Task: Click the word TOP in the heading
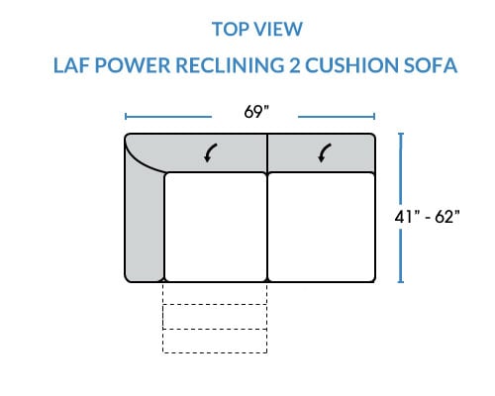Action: click(231, 29)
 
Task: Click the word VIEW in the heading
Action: click(279, 29)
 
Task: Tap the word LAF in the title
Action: click(71, 65)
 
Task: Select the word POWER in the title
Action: click(133, 65)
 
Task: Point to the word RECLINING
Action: click(230, 65)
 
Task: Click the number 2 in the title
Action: click(295, 65)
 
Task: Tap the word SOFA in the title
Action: click(431, 65)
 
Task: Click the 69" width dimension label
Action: click(256, 112)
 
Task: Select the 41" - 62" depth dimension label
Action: click(427, 217)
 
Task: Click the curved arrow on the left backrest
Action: click(210, 152)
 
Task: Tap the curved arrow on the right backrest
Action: click(325, 152)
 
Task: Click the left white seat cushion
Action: click(215, 227)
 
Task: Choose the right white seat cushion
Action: click(322, 227)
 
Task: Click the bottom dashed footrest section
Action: click(215, 341)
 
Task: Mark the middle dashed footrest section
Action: click(215, 317)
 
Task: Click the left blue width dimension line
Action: click(168, 117)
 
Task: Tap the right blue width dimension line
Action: click(337, 117)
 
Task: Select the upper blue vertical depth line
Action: click(401, 168)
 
